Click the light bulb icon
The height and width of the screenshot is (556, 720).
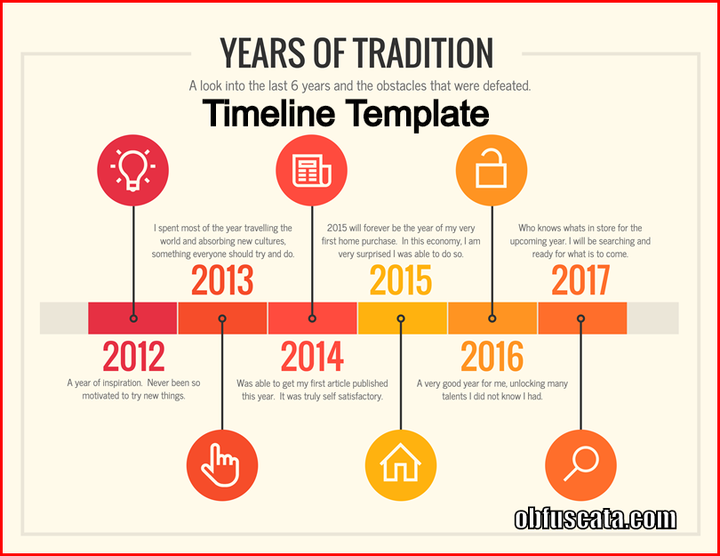click(x=132, y=170)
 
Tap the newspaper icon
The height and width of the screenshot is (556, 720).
click(x=312, y=171)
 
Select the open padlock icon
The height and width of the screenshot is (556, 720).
click(x=492, y=168)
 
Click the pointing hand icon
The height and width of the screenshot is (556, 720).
click(x=221, y=464)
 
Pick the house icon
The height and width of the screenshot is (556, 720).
click(x=400, y=463)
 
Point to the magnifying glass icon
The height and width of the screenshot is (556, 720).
click(x=580, y=464)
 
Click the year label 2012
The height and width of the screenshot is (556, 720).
click(x=133, y=356)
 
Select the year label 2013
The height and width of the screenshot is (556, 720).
click(x=222, y=280)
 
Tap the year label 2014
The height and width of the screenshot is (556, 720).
click(x=312, y=356)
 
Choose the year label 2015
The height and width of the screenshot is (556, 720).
click(x=401, y=280)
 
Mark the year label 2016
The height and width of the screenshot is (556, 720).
click(x=492, y=356)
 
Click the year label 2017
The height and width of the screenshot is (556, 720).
click(x=580, y=280)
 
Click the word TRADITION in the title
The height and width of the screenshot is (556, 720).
click(x=423, y=52)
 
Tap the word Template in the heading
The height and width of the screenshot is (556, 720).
click(x=418, y=114)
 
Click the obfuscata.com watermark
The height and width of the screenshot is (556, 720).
click(x=595, y=519)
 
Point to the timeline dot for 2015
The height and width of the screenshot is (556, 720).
click(x=401, y=318)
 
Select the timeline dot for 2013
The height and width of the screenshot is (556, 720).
click(x=222, y=318)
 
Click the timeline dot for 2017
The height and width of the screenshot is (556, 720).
click(x=580, y=318)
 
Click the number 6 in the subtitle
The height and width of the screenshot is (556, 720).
click(x=294, y=85)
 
